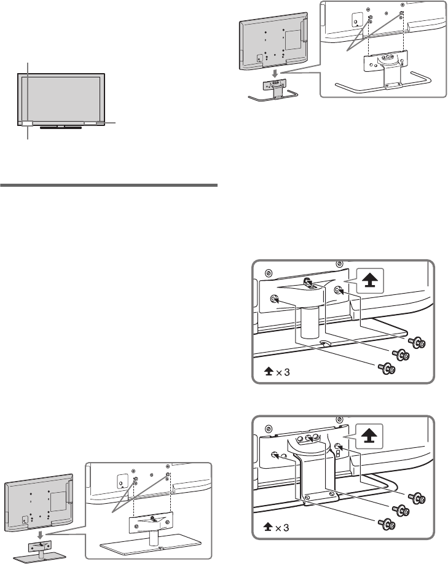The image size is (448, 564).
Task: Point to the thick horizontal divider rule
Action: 109,184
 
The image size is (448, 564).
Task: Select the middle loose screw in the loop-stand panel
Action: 402,510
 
